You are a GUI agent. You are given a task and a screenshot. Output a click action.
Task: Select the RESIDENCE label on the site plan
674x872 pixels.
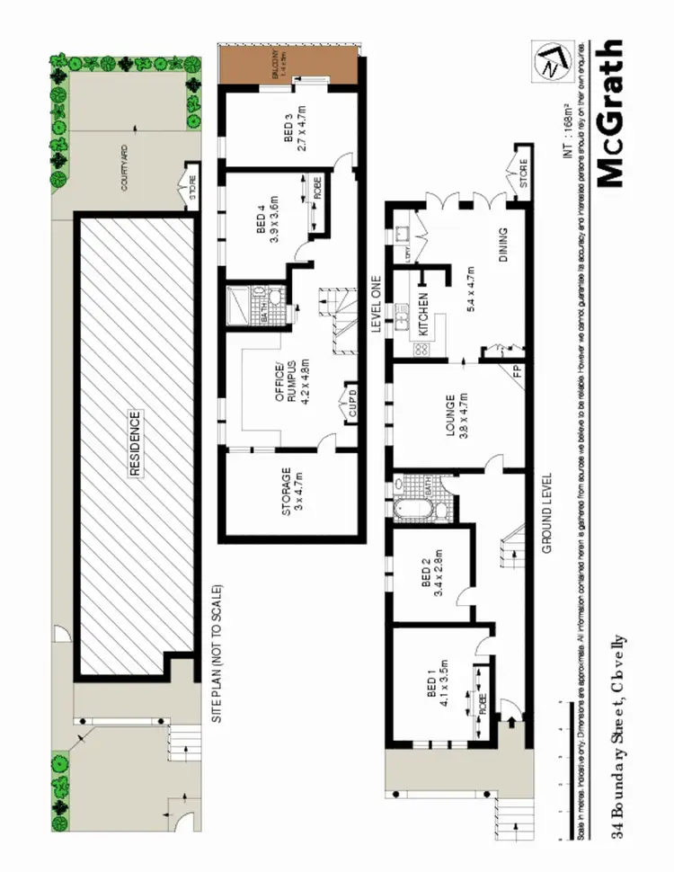pyautogui.click(x=135, y=443)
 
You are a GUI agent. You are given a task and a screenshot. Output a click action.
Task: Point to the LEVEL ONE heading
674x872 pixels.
pyautogui.click(x=378, y=305)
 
